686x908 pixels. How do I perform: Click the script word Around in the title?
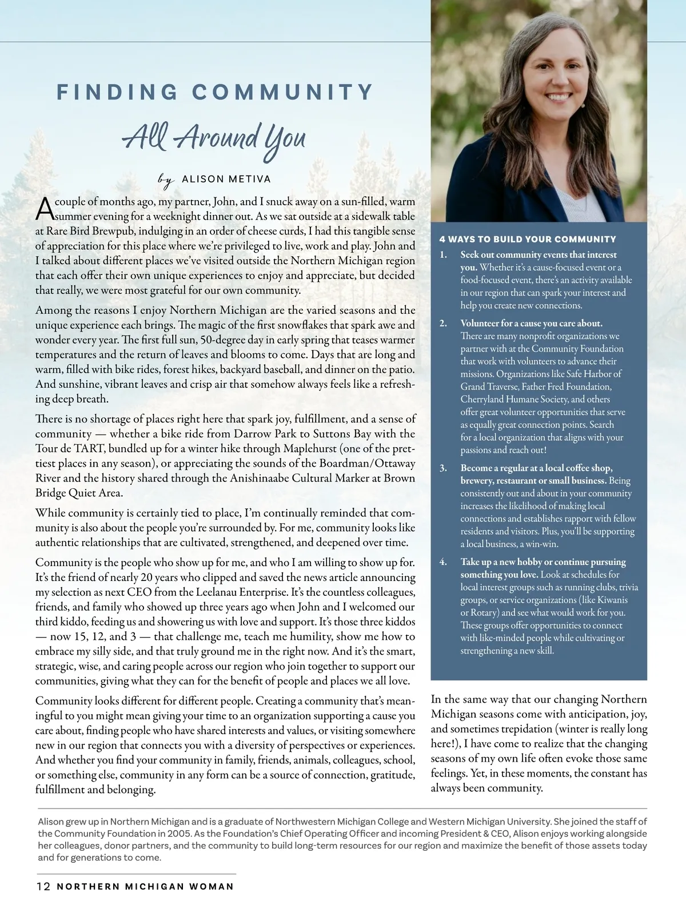216,137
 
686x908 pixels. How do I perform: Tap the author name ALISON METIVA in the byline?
226,179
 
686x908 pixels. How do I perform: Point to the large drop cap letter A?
45,209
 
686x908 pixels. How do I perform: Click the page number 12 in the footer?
43,886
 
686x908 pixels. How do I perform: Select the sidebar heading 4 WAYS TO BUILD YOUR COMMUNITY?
528,239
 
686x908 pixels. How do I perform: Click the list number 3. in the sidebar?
443,468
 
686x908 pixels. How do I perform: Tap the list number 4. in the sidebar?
443,561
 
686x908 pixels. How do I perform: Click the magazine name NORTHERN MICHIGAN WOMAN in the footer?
145,886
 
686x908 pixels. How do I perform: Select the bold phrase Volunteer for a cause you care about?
531,323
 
